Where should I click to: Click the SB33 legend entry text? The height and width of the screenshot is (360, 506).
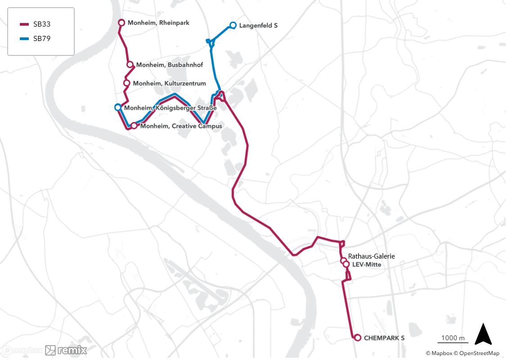click(x=41, y=24)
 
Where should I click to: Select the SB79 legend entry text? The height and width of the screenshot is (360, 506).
click(x=41, y=39)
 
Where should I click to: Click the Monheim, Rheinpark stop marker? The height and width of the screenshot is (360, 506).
click(x=121, y=23)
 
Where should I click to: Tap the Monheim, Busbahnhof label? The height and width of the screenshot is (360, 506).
click(x=169, y=65)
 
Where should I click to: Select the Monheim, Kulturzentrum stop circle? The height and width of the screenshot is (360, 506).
click(x=127, y=83)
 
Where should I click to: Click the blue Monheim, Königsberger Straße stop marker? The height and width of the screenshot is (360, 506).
click(x=118, y=107)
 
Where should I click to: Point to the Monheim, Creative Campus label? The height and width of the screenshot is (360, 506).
click(x=181, y=126)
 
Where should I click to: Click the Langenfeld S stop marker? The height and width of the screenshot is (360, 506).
click(x=233, y=25)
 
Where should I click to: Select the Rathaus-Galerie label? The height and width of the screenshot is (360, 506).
click(x=371, y=256)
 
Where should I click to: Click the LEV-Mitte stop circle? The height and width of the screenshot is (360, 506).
click(x=346, y=264)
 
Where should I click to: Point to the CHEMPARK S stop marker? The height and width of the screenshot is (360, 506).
click(x=357, y=337)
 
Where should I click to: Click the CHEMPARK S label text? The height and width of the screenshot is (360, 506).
click(x=384, y=338)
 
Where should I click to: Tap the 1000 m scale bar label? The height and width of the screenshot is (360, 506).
click(x=452, y=338)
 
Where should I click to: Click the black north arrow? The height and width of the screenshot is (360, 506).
click(x=483, y=334)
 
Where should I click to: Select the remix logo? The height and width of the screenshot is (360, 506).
click(x=66, y=350)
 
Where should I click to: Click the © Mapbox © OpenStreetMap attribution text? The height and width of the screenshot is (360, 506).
click(x=462, y=353)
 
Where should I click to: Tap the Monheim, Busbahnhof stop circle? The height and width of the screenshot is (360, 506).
click(x=130, y=64)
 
